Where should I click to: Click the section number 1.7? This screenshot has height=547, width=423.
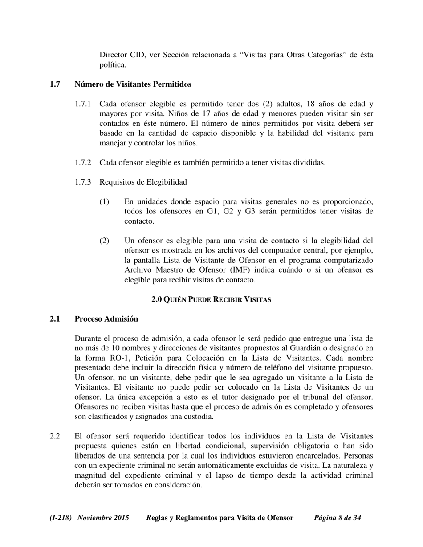pyautogui.click(x=55, y=84)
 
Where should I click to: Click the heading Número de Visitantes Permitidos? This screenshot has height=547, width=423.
pyautogui.click(x=133, y=84)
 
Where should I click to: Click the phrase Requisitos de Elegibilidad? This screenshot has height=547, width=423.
pyautogui.click(x=143, y=182)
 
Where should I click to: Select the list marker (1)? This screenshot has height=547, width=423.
pyautogui.click(x=104, y=202)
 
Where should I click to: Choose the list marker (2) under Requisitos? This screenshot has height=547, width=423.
pyautogui.click(x=104, y=241)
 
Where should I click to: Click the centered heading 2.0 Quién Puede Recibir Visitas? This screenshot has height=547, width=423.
pyautogui.click(x=211, y=300)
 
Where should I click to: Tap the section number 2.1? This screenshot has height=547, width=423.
pyautogui.click(x=55, y=319)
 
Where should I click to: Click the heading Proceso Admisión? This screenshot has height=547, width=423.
pyautogui.click(x=106, y=319)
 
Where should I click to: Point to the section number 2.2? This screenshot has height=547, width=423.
pyautogui.click(x=55, y=437)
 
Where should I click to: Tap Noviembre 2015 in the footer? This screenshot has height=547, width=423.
pyautogui.click(x=103, y=518)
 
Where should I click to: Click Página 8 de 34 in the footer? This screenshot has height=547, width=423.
pyautogui.click(x=338, y=518)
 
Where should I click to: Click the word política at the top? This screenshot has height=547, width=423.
pyautogui.click(x=112, y=65)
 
